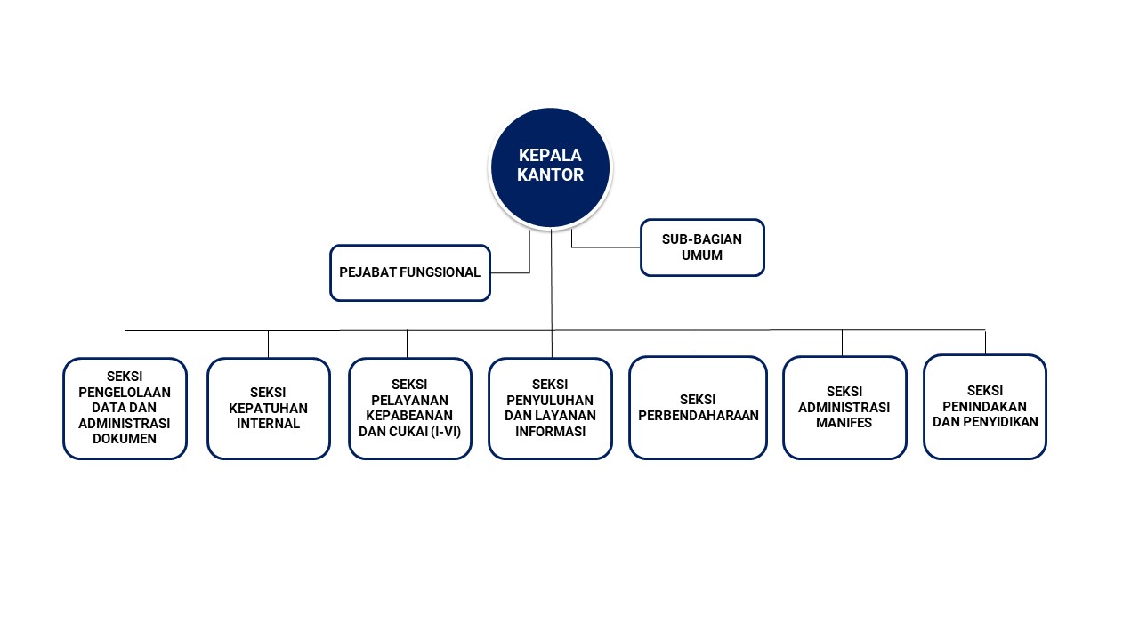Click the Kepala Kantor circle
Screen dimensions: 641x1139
551,167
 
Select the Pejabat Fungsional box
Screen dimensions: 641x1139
409,272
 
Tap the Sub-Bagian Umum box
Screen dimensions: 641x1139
702,247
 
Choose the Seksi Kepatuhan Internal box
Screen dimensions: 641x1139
268,409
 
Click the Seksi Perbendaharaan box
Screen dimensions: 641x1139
698,408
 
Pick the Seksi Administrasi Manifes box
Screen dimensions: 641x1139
844,408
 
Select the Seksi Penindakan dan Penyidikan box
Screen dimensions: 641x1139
984,407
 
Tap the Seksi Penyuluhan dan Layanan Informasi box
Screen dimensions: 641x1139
550,409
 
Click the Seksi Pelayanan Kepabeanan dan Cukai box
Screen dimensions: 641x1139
409,409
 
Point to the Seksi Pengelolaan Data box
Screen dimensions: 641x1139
125,409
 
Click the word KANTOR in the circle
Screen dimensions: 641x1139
551,175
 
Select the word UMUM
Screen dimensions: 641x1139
702,256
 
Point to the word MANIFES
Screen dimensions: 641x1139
844,423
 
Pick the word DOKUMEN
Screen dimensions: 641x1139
125,439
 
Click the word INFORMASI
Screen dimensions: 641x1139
550,432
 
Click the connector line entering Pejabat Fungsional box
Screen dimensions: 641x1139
510,272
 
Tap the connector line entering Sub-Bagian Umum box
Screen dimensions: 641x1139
605,247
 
